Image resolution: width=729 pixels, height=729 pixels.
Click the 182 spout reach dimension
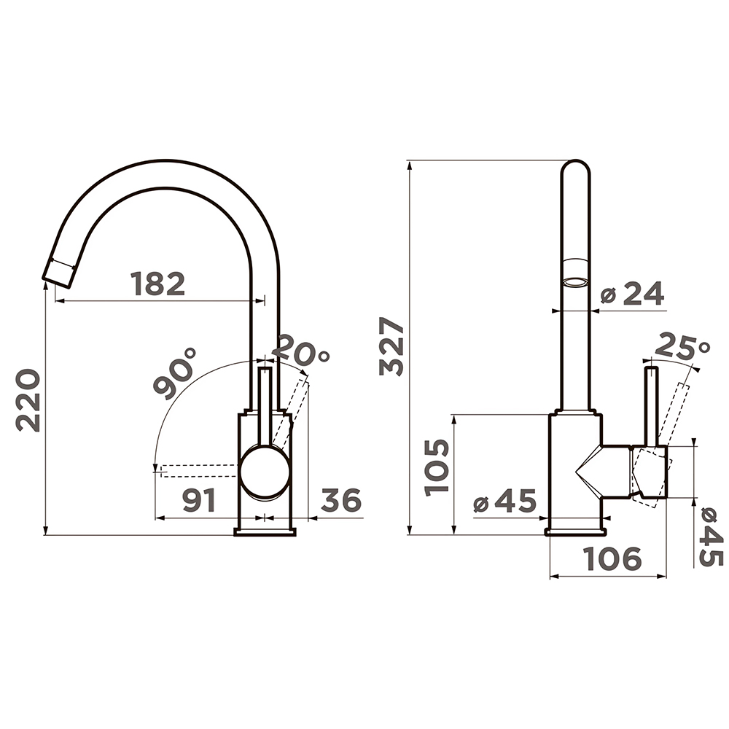click(158, 284)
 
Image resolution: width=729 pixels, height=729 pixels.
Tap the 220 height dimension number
click(28, 400)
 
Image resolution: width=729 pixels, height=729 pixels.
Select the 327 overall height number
click(391, 346)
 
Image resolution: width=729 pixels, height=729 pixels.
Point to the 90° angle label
click(175, 373)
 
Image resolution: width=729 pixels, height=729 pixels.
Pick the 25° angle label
click(682, 346)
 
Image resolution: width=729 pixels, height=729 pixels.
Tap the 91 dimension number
click(199, 500)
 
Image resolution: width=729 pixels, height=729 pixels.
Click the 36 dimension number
click(341, 500)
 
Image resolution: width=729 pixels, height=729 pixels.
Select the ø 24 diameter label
click(632, 293)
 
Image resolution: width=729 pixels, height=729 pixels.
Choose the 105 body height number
click(437, 467)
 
